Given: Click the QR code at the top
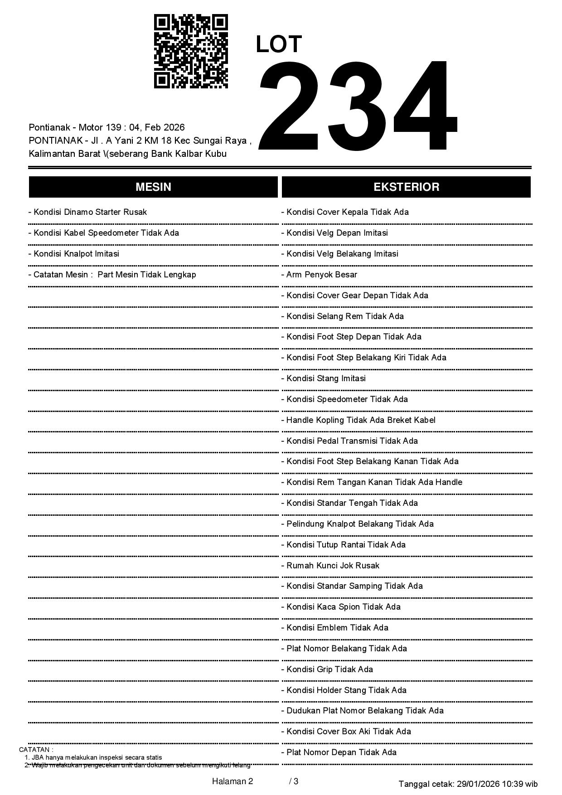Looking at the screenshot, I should (191, 51).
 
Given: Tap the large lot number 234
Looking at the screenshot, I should (357, 106).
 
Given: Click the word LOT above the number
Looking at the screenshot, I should (279, 44).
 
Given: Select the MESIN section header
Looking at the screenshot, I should (153, 187).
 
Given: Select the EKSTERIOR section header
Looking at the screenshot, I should (406, 187).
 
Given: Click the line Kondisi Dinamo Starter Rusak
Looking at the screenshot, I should (88, 212).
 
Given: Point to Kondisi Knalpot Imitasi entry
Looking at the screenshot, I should (74, 254).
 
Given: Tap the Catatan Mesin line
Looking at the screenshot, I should (112, 275).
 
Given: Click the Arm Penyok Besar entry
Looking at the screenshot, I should (320, 275).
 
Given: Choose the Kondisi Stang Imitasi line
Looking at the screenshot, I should (324, 378).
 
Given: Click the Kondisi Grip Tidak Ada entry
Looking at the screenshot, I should (327, 669).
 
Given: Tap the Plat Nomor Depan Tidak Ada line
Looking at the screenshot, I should (339, 752).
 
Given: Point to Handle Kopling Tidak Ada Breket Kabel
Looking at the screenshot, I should (359, 420).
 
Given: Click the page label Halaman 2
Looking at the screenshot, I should (233, 781).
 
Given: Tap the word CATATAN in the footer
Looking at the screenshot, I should (36, 750).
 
